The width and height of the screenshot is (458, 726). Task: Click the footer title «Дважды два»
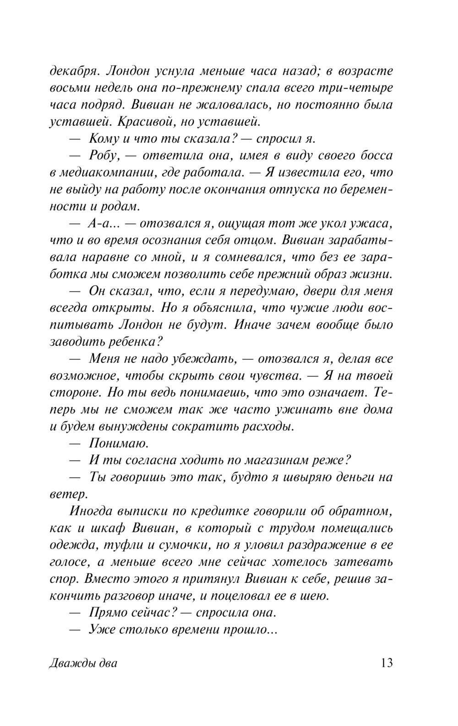(x=83, y=664)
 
